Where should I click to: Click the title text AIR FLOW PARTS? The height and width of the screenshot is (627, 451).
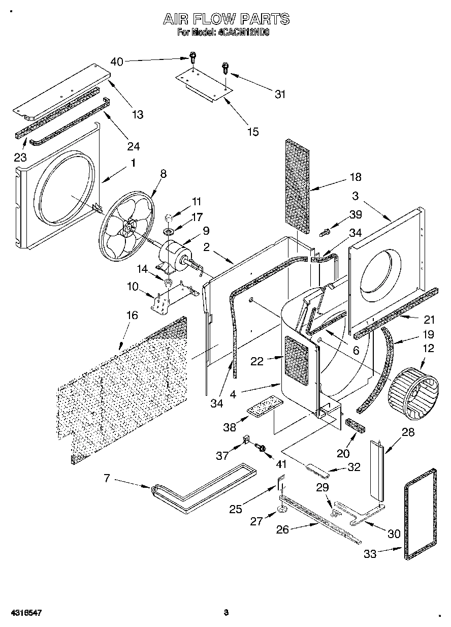226,19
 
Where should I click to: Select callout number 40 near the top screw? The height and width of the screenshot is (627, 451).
116,62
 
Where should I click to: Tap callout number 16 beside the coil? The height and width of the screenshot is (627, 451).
131,316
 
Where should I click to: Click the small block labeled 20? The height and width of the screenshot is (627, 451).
355,424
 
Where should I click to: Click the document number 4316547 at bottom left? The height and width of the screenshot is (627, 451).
21,613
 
